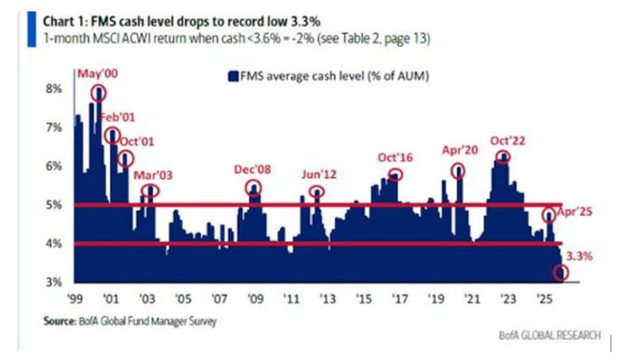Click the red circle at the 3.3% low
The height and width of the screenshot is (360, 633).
[562, 273]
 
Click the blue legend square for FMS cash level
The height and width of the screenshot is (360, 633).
[233, 77]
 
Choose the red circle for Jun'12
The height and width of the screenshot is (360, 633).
[316, 191]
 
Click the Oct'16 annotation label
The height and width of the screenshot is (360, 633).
[396, 156]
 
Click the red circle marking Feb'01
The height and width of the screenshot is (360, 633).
[112, 135]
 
